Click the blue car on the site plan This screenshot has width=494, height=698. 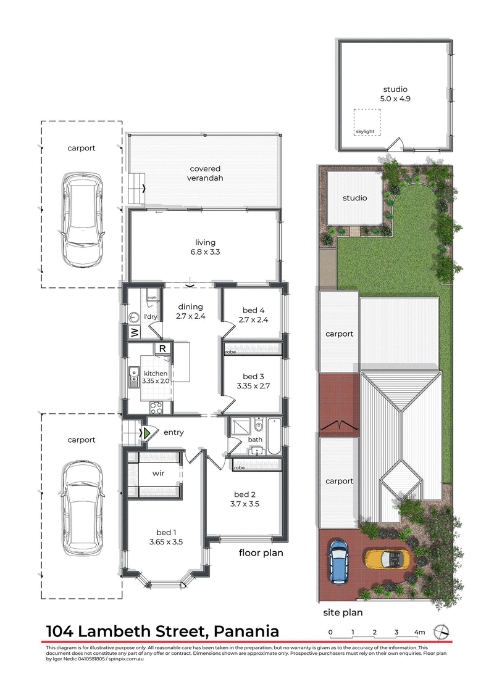coord(338,562)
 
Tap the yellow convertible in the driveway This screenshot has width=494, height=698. coord(387,559)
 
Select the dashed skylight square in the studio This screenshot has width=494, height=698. coord(367,123)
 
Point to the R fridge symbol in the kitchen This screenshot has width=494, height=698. coord(162,349)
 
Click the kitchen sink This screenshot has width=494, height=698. coord(133,377)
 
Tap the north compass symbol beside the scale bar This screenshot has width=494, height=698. coord(442,632)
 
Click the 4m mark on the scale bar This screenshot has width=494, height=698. coord(420,632)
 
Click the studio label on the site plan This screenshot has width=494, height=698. coord(354,198)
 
